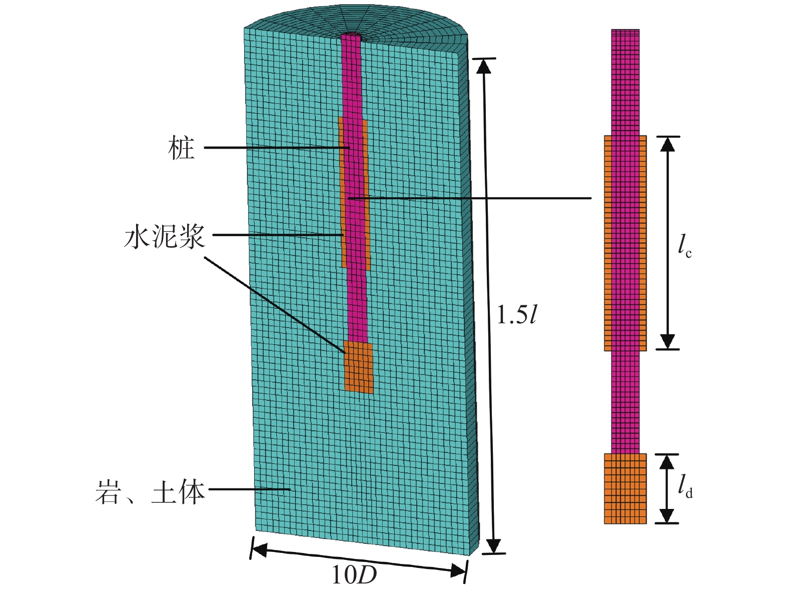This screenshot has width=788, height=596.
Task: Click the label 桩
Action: pyautogui.click(x=181, y=149)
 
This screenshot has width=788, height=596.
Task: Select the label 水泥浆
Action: pyautogui.click(x=165, y=236)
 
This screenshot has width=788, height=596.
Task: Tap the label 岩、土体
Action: pyautogui.click(x=150, y=492)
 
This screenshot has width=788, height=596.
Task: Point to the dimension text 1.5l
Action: pyautogui.click(x=516, y=315)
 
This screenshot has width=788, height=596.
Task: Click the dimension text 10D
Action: pyautogui.click(x=354, y=575)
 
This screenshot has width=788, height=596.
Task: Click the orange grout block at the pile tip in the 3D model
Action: pyautogui.click(x=359, y=367)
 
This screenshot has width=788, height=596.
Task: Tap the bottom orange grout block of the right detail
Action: pyautogui.click(x=625, y=488)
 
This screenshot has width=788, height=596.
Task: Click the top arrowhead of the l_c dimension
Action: pyautogui.click(x=667, y=143)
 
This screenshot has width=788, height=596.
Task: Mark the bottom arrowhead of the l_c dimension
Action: pyautogui.click(x=667, y=342)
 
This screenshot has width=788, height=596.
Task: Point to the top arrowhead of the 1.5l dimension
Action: pyautogui.click(x=483, y=66)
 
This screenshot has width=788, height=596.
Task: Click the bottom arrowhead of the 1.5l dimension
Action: pyautogui.click(x=494, y=546)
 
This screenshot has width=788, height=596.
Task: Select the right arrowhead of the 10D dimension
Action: pyautogui.click(x=459, y=570)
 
